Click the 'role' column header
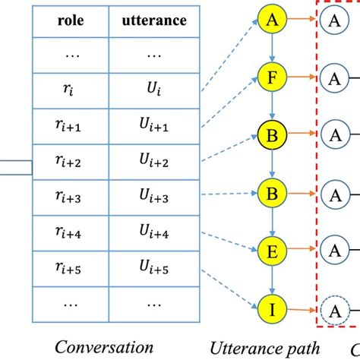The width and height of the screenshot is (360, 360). [71, 21]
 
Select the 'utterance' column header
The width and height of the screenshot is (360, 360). [153, 21]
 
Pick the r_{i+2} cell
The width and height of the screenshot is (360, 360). [71, 162]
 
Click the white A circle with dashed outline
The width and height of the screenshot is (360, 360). [332, 311]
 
